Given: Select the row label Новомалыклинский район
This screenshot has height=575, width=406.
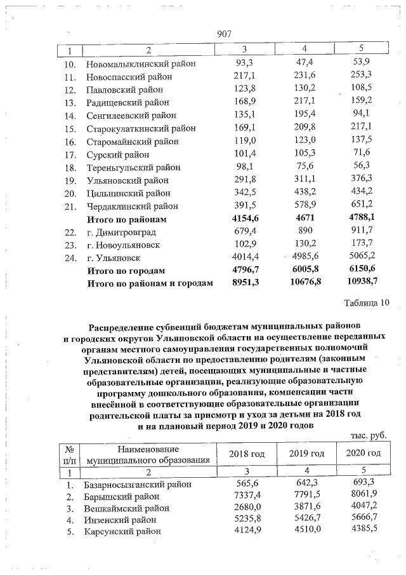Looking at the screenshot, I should (140, 65).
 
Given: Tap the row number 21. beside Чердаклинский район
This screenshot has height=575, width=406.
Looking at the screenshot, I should (71, 206).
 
